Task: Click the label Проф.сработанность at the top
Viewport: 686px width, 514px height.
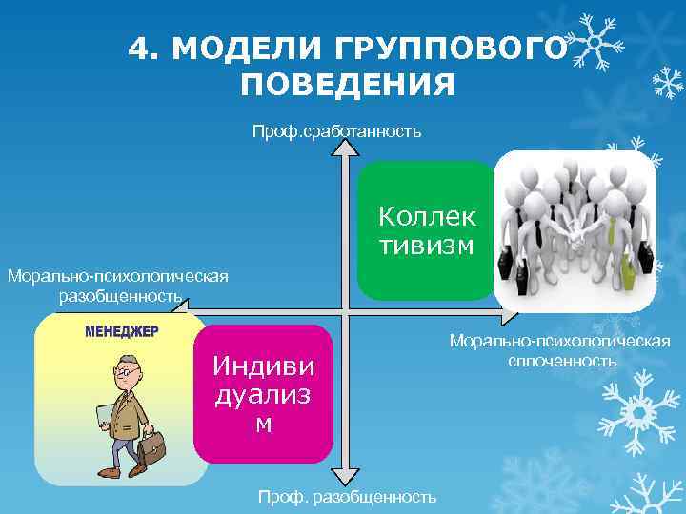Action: pos(336,130)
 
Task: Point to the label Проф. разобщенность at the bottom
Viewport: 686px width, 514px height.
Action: pos(348,496)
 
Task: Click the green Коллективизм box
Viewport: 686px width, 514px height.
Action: pos(427,231)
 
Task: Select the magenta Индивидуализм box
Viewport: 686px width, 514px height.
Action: pos(263,394)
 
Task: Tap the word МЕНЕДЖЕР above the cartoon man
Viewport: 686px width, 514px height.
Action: pos(122,332)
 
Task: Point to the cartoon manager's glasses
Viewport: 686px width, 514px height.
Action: pos(124,368)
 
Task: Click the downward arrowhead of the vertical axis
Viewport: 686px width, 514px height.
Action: pos(349,479)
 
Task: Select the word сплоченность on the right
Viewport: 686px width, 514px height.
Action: pos(562,361)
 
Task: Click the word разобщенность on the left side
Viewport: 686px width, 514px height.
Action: pos(120,296)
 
